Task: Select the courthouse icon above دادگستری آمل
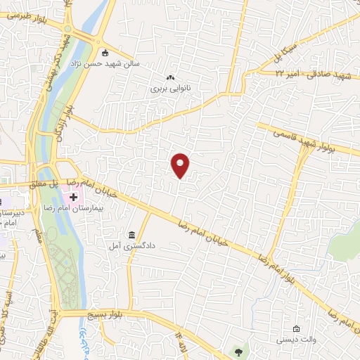click(131, 234)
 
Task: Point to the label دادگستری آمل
click(141, 246)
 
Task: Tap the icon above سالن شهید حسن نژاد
click(105, 52)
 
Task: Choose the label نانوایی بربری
click(169, 89)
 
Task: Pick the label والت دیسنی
click(296, 340)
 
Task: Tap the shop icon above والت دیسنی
click(296, 328)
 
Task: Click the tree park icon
click(238, 351)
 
